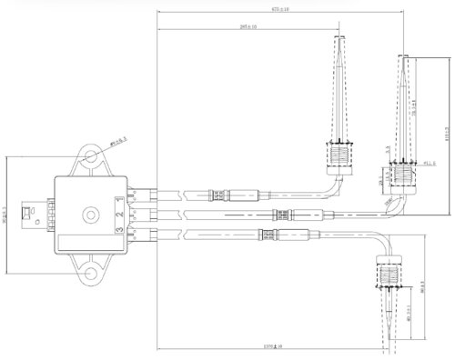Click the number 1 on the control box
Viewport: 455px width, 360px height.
(119, 201)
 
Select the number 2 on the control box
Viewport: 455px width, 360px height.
(119, 215)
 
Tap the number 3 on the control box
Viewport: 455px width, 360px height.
(119, 231)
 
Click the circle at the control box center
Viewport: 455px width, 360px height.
(90, 215)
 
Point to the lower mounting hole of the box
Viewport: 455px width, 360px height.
(91, 272)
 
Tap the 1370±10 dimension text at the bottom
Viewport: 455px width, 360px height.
(272, 346)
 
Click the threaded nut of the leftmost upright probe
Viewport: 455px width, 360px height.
(339, 158)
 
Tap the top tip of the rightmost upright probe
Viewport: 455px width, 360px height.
(405, 57)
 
